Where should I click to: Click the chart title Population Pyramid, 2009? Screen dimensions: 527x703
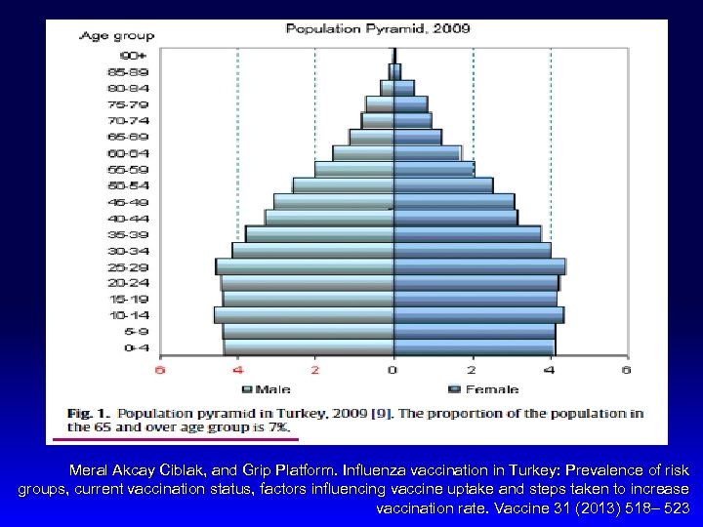pos(362,28)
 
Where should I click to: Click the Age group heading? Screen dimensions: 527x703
pos(116,36)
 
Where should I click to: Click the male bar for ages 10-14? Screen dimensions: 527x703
pos(304,315)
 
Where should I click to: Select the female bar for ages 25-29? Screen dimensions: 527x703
pos(478,266)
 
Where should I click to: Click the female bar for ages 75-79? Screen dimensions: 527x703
pos(410,103)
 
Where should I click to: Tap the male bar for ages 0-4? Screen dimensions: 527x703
pos(309,347)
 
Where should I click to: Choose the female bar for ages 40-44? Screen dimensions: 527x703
pos(455,218)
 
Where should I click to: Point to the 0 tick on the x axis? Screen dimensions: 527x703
pos(393,371)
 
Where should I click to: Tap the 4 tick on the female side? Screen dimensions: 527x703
pos(551,371)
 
